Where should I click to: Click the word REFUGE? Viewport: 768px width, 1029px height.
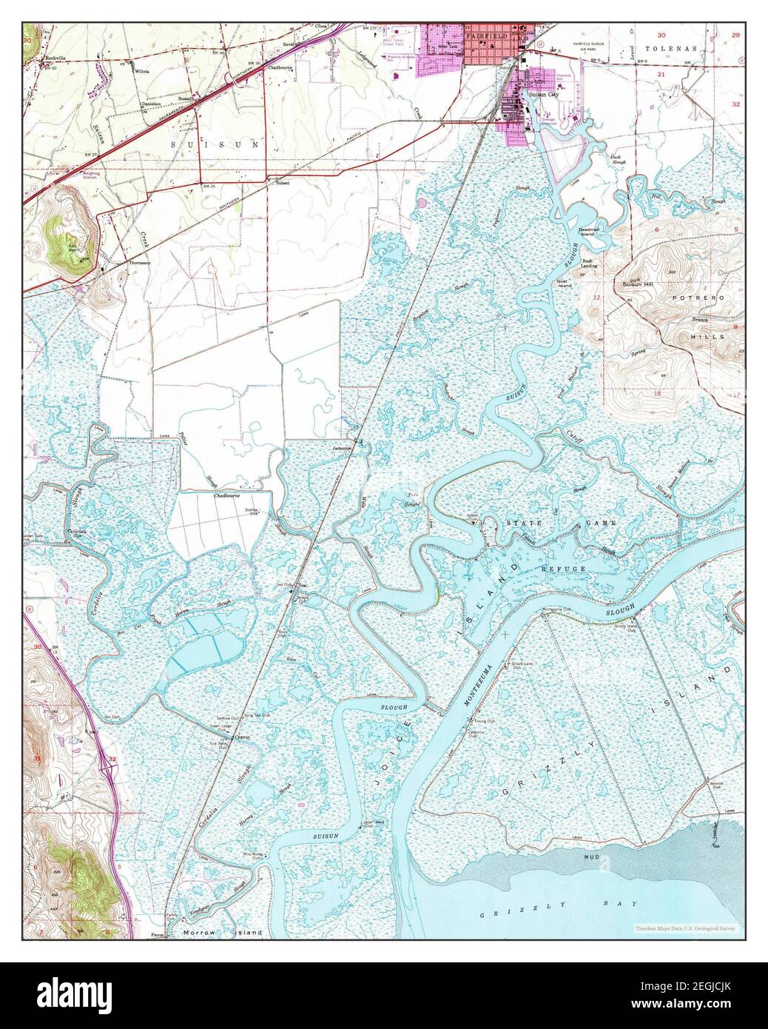tap(564, 569)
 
